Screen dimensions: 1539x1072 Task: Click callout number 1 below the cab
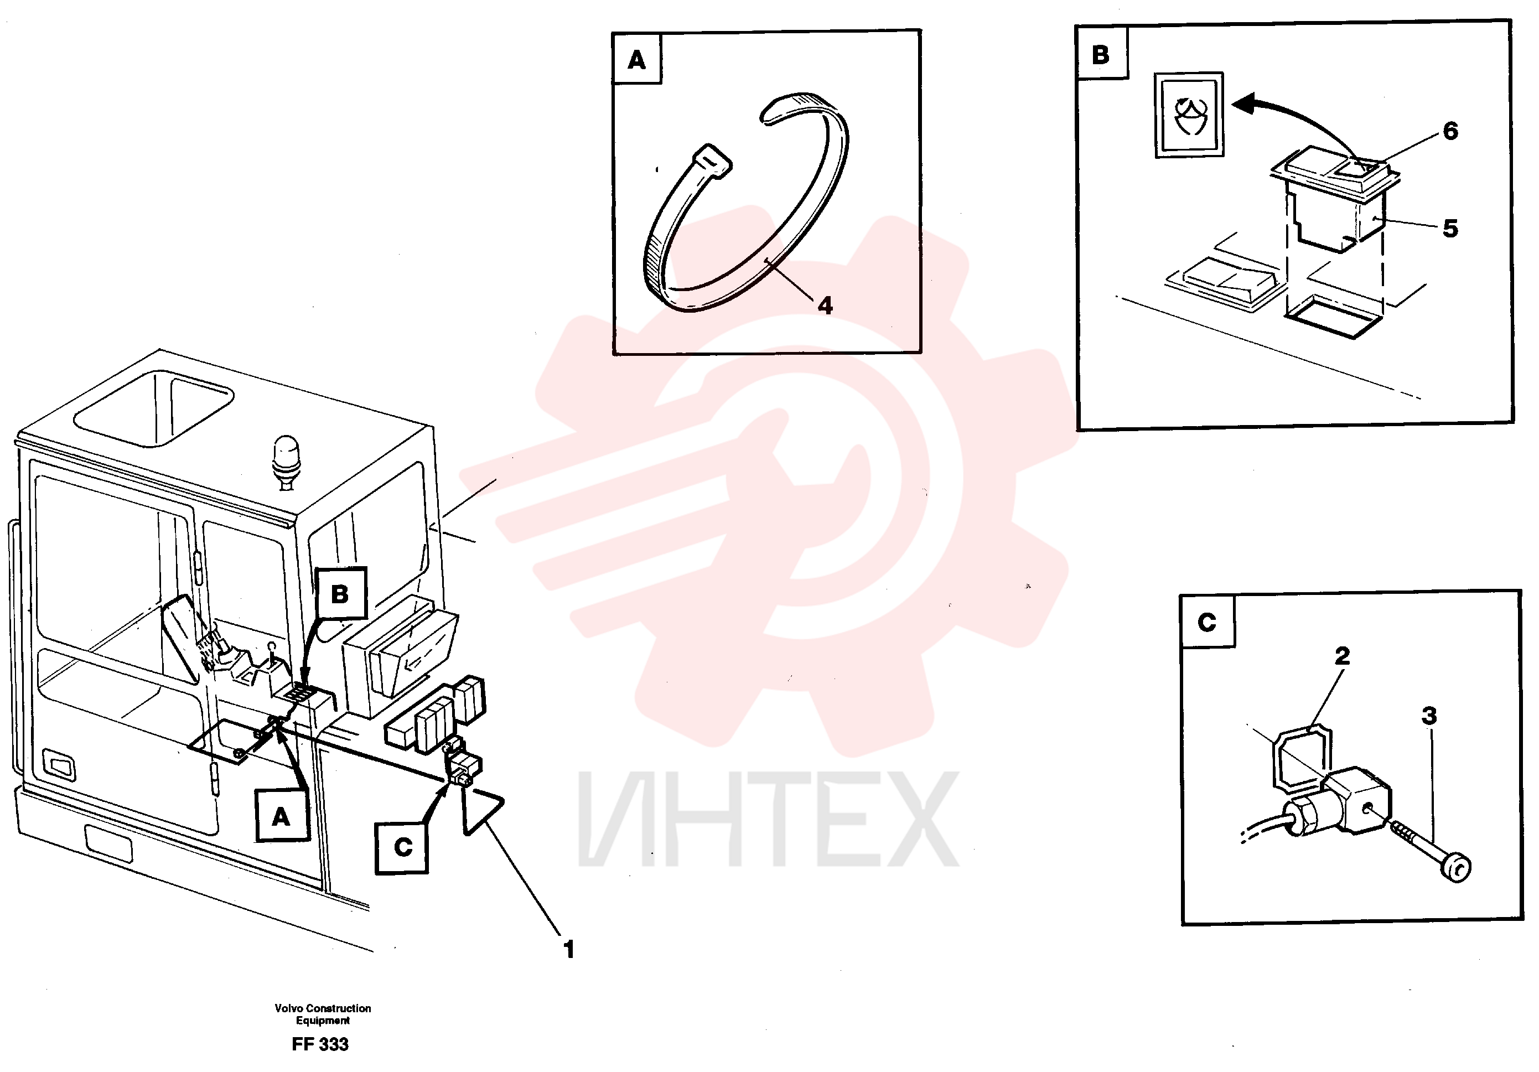coord(569,949)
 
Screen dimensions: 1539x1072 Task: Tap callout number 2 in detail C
coord(1342,656)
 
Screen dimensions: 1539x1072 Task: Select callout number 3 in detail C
coord(1429,716)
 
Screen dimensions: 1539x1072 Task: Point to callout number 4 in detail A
coord(825,305)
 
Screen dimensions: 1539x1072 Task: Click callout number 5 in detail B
coord(1450,229)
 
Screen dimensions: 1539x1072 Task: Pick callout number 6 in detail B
coord(1450,131)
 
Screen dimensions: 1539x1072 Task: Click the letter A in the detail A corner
coord(637,60)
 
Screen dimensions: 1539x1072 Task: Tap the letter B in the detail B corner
coord(1101,55)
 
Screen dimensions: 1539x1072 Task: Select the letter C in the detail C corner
coord(1206,622)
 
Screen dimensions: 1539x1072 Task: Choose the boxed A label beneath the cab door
coord(282,816)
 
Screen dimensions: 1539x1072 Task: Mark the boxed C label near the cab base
coord(402,847)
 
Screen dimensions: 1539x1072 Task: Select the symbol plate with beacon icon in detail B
coord(1189,115)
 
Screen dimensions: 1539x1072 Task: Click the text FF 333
coord(320,1044)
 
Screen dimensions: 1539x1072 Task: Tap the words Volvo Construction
coord(323,1008)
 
